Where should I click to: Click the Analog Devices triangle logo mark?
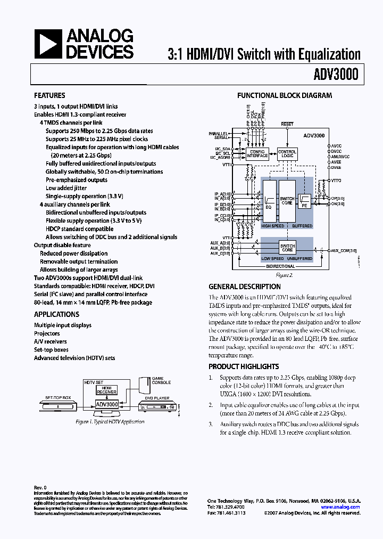point(47,43)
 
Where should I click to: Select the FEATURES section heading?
point(49,96)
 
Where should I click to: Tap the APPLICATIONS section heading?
point(56,314)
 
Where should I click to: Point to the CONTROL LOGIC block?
point(287,153)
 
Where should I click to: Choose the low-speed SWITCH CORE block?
point(287,248)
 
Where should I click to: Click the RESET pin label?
point(287,124)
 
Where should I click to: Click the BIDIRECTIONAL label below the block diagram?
point(280,266)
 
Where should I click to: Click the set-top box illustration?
point(59,406)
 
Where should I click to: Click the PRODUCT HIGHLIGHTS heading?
point(244,366)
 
